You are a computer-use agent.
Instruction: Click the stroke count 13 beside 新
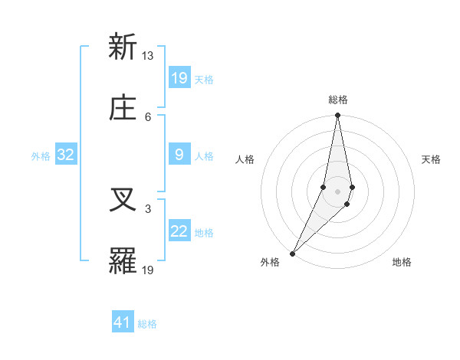[148, 55]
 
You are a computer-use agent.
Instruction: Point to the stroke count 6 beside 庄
[148, 116]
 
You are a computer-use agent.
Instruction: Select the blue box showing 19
[179, 78]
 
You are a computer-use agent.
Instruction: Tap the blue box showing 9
[179, 155]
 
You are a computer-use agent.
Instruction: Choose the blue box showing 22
[179, 232]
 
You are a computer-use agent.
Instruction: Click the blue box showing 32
[66, 155]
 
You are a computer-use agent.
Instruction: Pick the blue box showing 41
[123, 323]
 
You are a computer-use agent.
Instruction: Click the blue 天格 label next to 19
[204, 79]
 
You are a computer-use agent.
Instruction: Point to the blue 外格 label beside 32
[41, 156]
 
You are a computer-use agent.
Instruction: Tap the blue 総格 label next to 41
[147, 324]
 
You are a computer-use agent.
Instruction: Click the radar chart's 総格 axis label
[337, 100]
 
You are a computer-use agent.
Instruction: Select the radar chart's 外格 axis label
[270, 262]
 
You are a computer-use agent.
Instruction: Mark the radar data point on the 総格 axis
[337, 116]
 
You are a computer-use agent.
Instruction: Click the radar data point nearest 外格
[292, 253]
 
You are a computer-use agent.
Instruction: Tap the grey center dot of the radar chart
[337, 191]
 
